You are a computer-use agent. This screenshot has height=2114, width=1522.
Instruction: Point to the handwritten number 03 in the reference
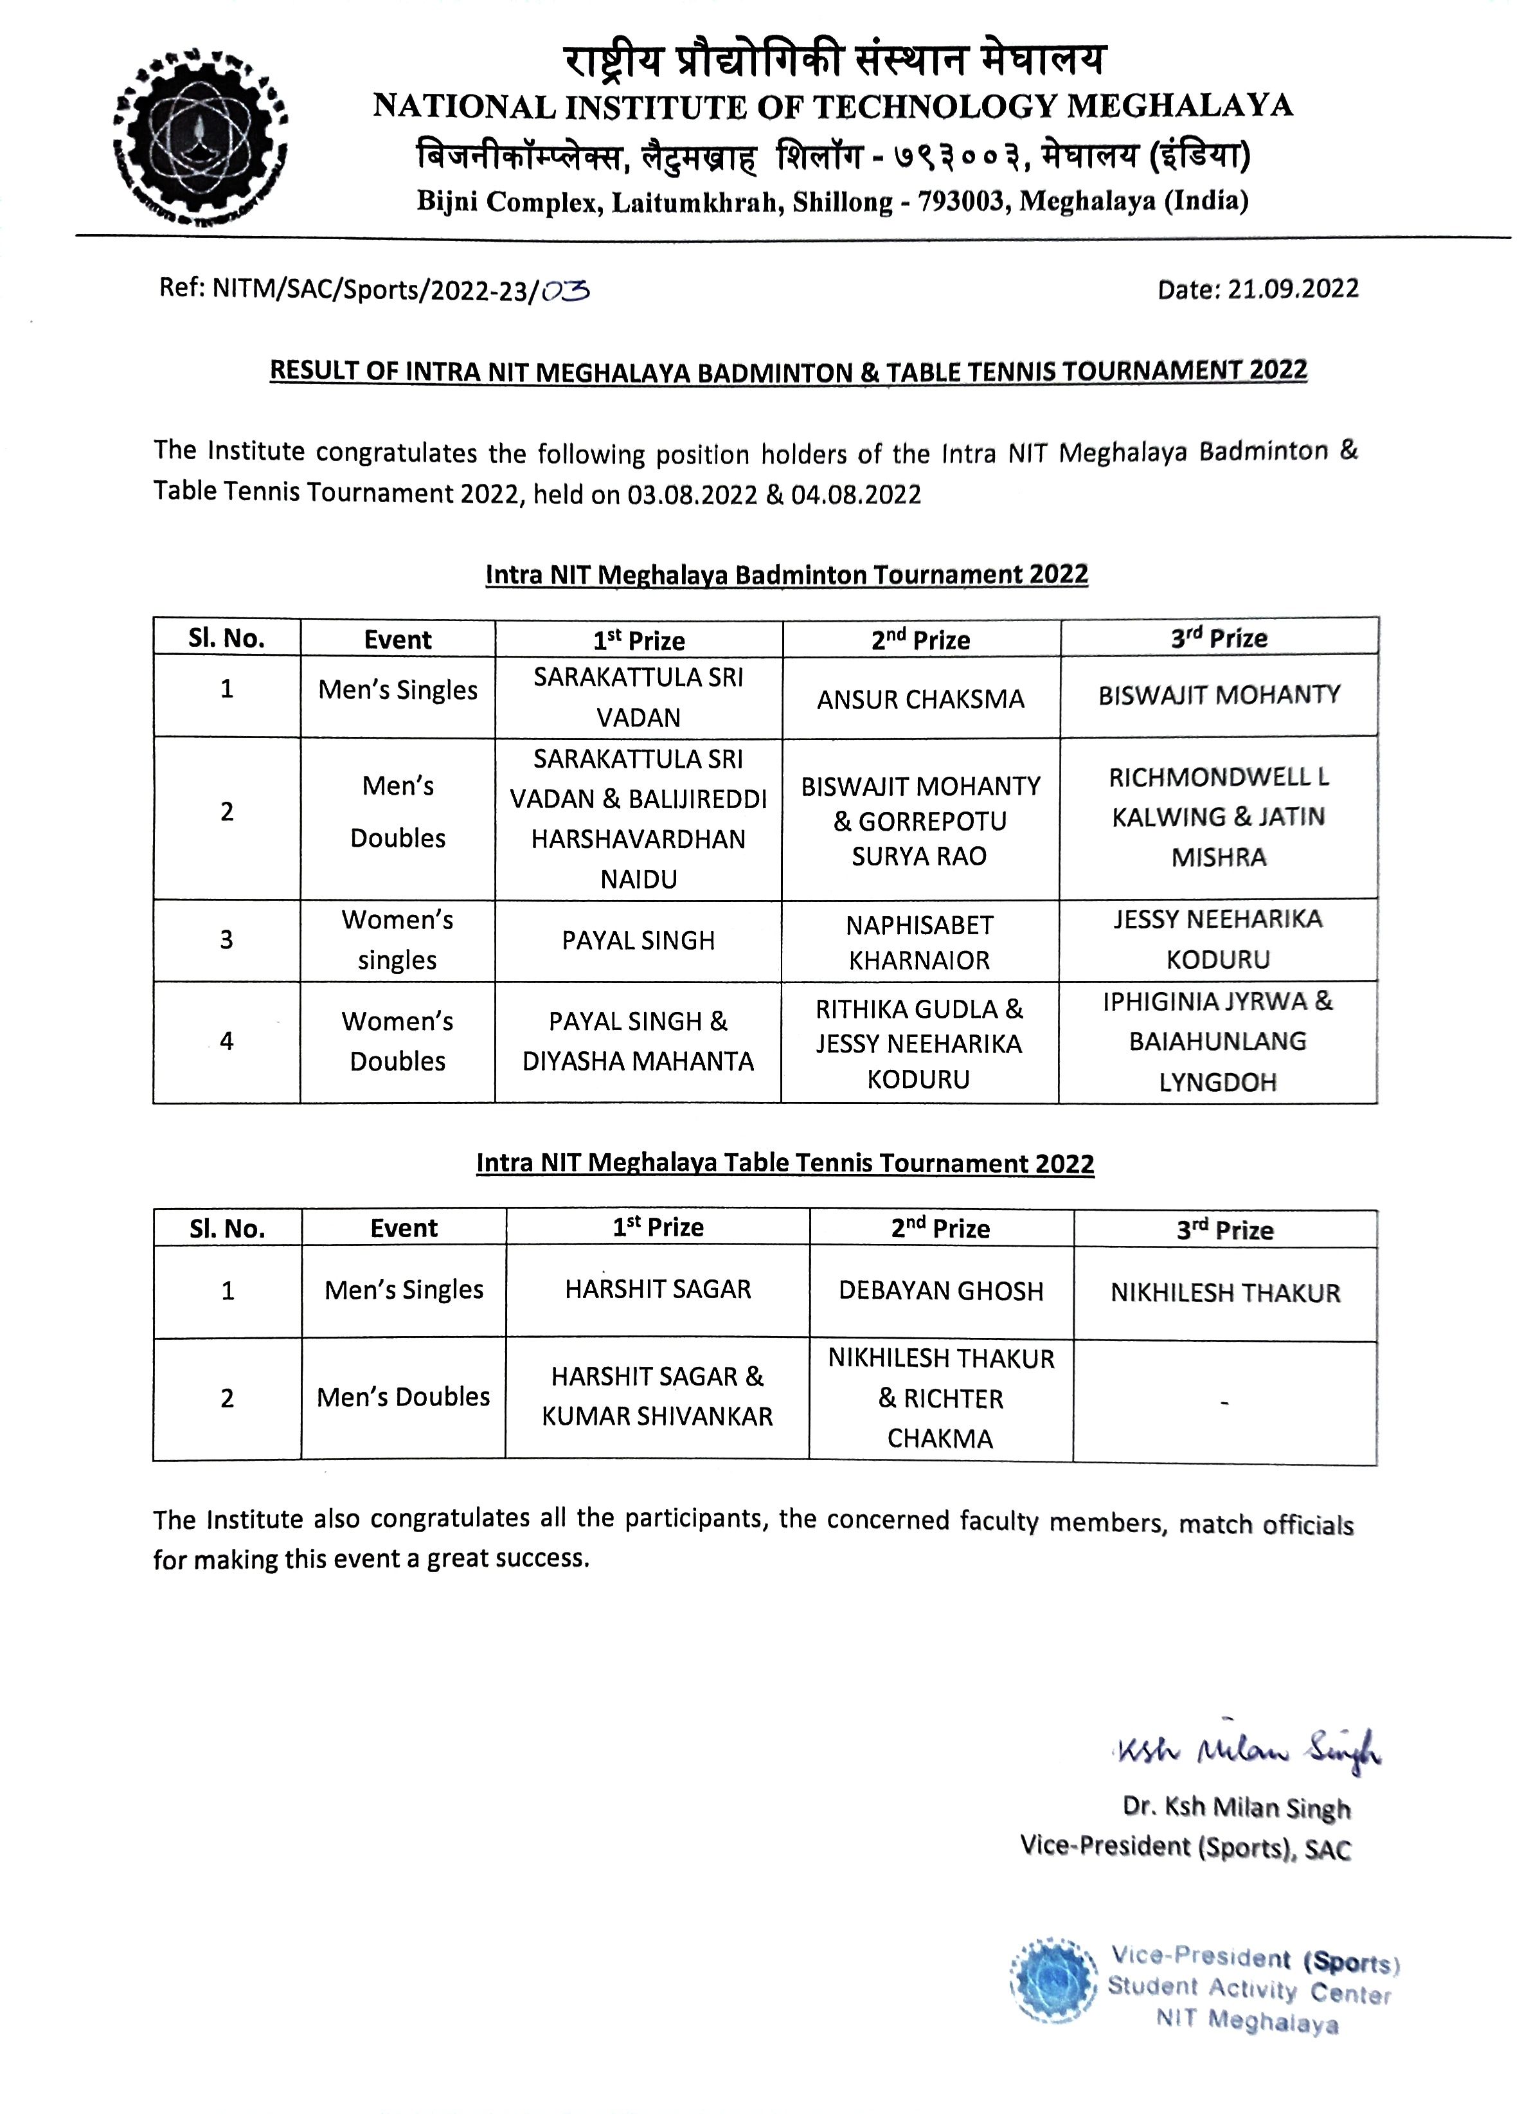[566, 292]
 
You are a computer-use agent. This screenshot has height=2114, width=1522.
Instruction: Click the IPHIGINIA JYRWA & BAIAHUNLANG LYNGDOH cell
[1217, 1041]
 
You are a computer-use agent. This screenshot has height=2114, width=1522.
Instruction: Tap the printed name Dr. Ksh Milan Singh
[1236, 1807]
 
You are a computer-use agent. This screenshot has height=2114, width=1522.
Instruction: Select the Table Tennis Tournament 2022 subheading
[785, 1162]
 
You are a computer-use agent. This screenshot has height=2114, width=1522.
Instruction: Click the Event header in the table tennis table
[404, 1227]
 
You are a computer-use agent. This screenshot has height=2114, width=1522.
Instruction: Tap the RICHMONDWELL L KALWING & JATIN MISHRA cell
[1218, 817]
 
